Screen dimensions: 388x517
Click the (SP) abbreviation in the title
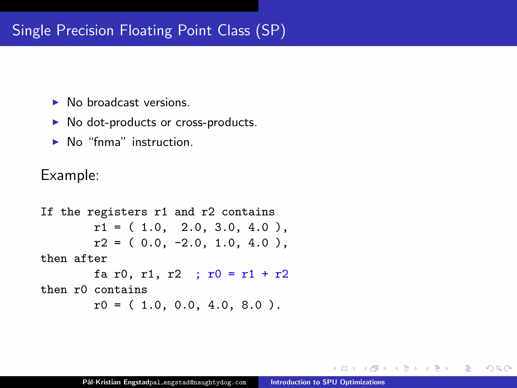pyautogui.click(x=270, y=31)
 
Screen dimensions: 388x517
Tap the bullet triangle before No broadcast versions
pyautogui.click(x=56, y=103)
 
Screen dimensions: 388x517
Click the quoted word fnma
pyautogui.click(x=107, y=142)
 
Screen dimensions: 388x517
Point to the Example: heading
pyautogui.click(x=70, y=175)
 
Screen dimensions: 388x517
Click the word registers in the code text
pyautogui.click(x=117, y=212)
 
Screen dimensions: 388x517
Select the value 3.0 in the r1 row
pyautogui.click(x=225, y=227)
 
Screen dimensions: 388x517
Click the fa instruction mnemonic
pyautogui.click(x=100, y=274)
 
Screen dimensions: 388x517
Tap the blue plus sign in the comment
pyautogui.click(x=265, y=274)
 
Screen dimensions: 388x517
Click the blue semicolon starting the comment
pyautogui.click(x=198, y=275)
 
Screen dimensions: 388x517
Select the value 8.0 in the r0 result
pyautogui.click(x=251, y=305)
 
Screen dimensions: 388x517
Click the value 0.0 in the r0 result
pyautogui.click(x=184, y=305)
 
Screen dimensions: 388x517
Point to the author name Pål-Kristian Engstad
pyautogui.click(x=116, y=382)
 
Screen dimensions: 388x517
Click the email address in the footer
pyautogui.click(x=198, y=382)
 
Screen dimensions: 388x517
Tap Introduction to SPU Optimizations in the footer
pyautogui.click(x=328, y=382)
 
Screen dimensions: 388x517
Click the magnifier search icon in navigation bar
pyautogui.click(x=499, y=369)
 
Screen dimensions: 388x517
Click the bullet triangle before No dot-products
pyautogui.click(x=56, y=123)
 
